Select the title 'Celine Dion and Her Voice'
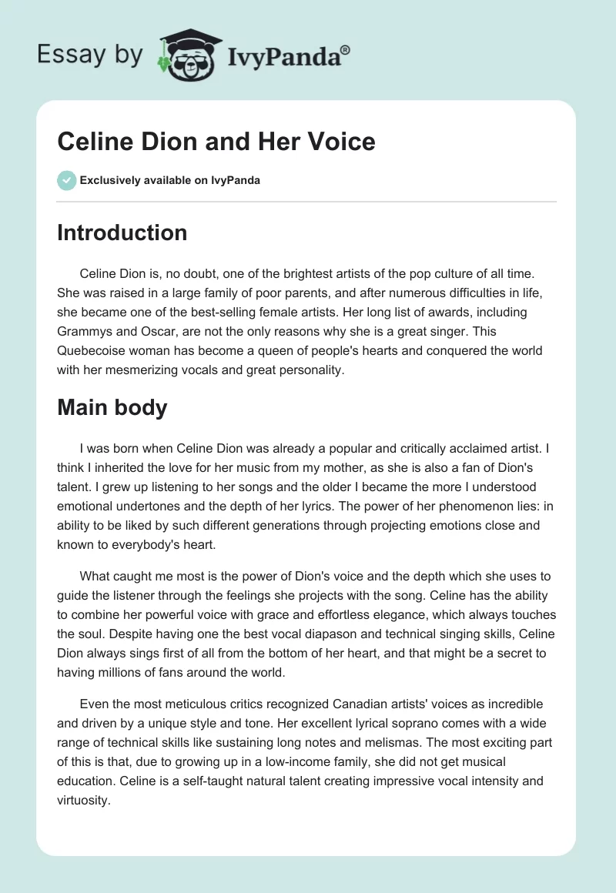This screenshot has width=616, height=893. coord(216,141)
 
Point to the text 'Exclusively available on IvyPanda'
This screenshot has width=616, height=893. coord(170,180)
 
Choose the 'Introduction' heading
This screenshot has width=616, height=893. coord(122,232)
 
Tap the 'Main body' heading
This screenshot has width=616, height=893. coord(112,407)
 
